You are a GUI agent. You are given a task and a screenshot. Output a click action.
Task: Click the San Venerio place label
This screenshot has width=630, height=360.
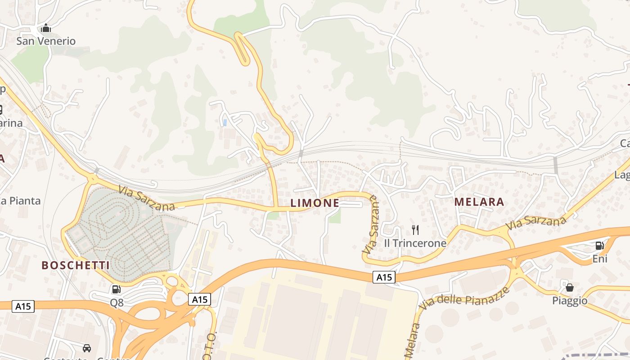pyautogui.click(x=46, y=41)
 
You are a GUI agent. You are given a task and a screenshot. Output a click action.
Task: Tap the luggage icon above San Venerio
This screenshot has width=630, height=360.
pyautogui.click(x=45, y=29)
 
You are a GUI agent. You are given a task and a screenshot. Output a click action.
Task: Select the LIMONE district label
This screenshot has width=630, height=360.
pyautogui.click(x=315, y=203)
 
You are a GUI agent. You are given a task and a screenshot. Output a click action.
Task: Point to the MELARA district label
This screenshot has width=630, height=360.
pyautogui.click(x=479, y=202)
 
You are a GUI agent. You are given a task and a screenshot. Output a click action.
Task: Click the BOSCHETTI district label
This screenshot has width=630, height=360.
pyautogui.click(x=76, y=265)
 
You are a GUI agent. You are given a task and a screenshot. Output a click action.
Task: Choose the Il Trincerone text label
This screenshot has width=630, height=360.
pyautogui.click(x=415, y=243)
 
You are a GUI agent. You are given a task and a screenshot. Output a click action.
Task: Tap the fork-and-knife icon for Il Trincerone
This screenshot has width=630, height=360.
pyautogui.click(x=415, y=230)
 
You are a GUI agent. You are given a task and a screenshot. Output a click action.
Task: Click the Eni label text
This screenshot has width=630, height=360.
pyautogui.click(x=599, y=259)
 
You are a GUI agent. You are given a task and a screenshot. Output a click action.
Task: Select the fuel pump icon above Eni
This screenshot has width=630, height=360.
pyautogui.click(x=599, y=245)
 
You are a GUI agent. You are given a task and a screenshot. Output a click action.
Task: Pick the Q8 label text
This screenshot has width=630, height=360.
pyautogui.click(x=117, y=303)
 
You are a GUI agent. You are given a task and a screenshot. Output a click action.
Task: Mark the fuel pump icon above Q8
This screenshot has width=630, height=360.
pyautogui.click(x=116, y=289)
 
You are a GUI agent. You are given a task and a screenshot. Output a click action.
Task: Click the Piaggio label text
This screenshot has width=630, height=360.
pyautogui.click(x=570, y=301)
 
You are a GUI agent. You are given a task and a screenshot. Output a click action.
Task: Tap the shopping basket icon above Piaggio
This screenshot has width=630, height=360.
pyautogui.click(x=569, y=287)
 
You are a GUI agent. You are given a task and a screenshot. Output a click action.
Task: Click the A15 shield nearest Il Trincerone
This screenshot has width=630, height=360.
pyautogui.click(x=384, y=278)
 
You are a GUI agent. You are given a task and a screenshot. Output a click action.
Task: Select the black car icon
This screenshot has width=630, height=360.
pyautogui.click(x=87, y=348)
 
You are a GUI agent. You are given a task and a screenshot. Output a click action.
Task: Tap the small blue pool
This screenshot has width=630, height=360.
pyautogui.click(x=225, y=122)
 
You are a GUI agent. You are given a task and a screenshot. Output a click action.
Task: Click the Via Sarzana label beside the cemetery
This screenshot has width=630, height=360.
pyautogui.click(x=147, y=198)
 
